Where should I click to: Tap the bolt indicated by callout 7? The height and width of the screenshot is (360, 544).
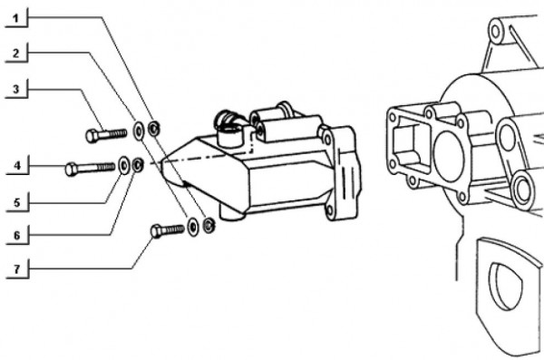tap(168, 229)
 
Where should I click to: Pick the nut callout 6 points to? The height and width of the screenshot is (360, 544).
tap(137, 165)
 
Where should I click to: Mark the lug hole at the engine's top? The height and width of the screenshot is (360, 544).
tap(496, 33)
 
